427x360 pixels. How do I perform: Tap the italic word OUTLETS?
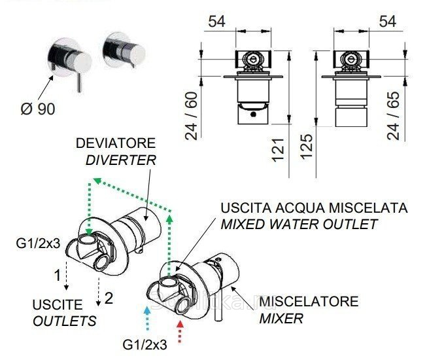click(64, 321)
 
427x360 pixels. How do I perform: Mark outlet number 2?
click(109, 298)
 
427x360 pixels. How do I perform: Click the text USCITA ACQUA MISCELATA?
click(314, 209)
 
